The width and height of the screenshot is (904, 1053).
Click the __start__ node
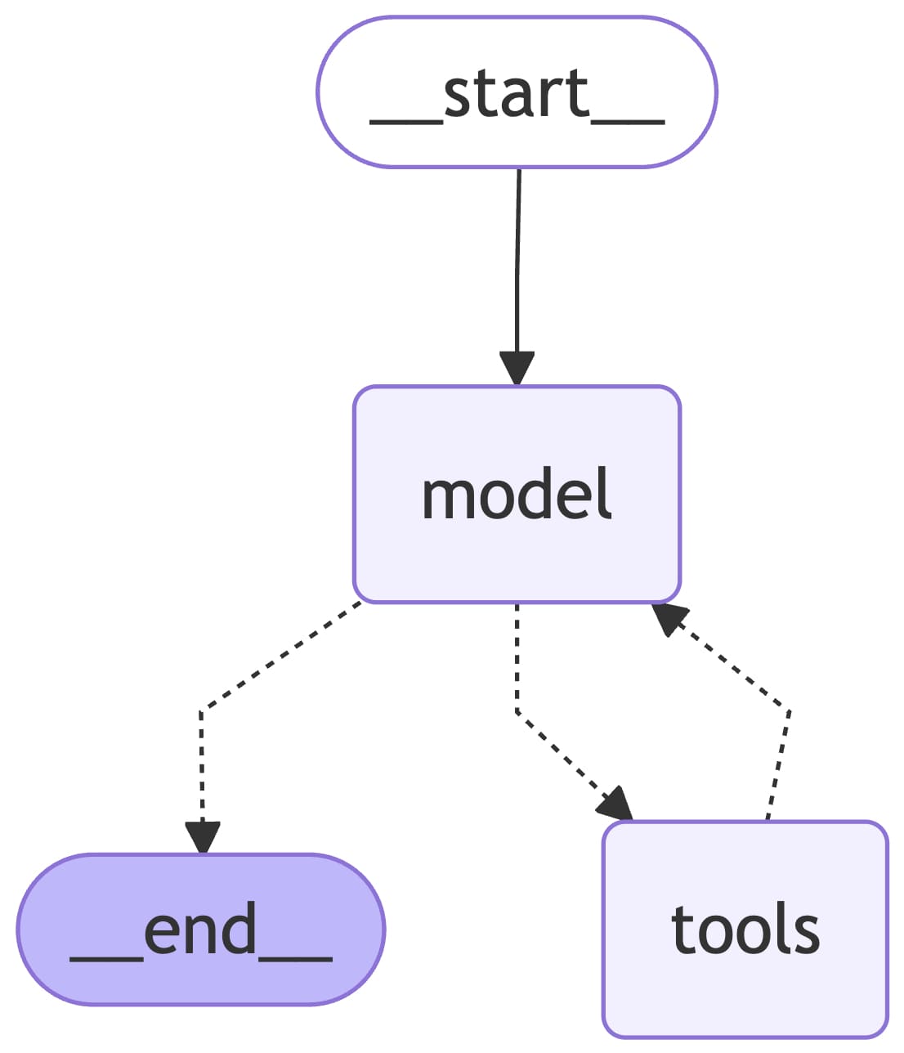pos(517,92)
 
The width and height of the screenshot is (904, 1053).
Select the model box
pos(517,494)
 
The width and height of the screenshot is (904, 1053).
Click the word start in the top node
pos(517,93)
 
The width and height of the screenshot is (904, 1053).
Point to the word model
pos(517,493)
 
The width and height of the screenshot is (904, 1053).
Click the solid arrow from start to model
pos(517,278)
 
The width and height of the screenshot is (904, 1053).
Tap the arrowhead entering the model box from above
pos(517,369)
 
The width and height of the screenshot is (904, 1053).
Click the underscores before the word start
pos(406,122)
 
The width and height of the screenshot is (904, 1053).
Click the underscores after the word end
pos(295,959)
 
